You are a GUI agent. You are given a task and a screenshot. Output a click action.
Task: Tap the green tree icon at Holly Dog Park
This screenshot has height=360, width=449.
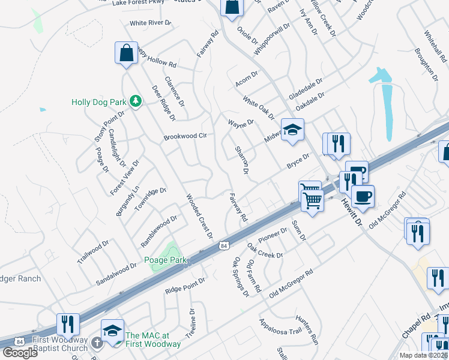pyautogui.click(x=136, y=101)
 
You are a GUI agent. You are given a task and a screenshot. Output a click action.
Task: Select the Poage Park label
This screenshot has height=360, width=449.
pyautogui.click(x=165, y=260)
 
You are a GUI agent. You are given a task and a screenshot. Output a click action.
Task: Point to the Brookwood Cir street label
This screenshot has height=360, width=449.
pyautogui.click(x=185, y=137)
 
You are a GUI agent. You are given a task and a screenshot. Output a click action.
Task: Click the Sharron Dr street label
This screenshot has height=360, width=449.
pyautogui.click(x=241, y=159)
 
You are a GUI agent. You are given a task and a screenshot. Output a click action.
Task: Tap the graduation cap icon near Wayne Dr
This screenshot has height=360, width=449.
pyautogui.click(x=292, y=130)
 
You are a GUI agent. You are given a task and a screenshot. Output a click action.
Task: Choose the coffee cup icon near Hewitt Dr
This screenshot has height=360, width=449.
pyautogui.click(x=363, y=196)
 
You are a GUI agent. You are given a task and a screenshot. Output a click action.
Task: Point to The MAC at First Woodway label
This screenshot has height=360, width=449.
pyautogui.click(x=152, y=340)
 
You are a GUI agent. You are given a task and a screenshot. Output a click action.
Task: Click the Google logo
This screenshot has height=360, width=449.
pyautogui.click(x=20, y=353)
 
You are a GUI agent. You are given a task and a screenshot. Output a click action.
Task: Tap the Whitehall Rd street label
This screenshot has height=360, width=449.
pyautogui.click(x=435, y=47)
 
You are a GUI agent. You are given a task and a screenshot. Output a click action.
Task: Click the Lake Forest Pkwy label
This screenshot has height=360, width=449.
pyautogui.click(x=138, y=3)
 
